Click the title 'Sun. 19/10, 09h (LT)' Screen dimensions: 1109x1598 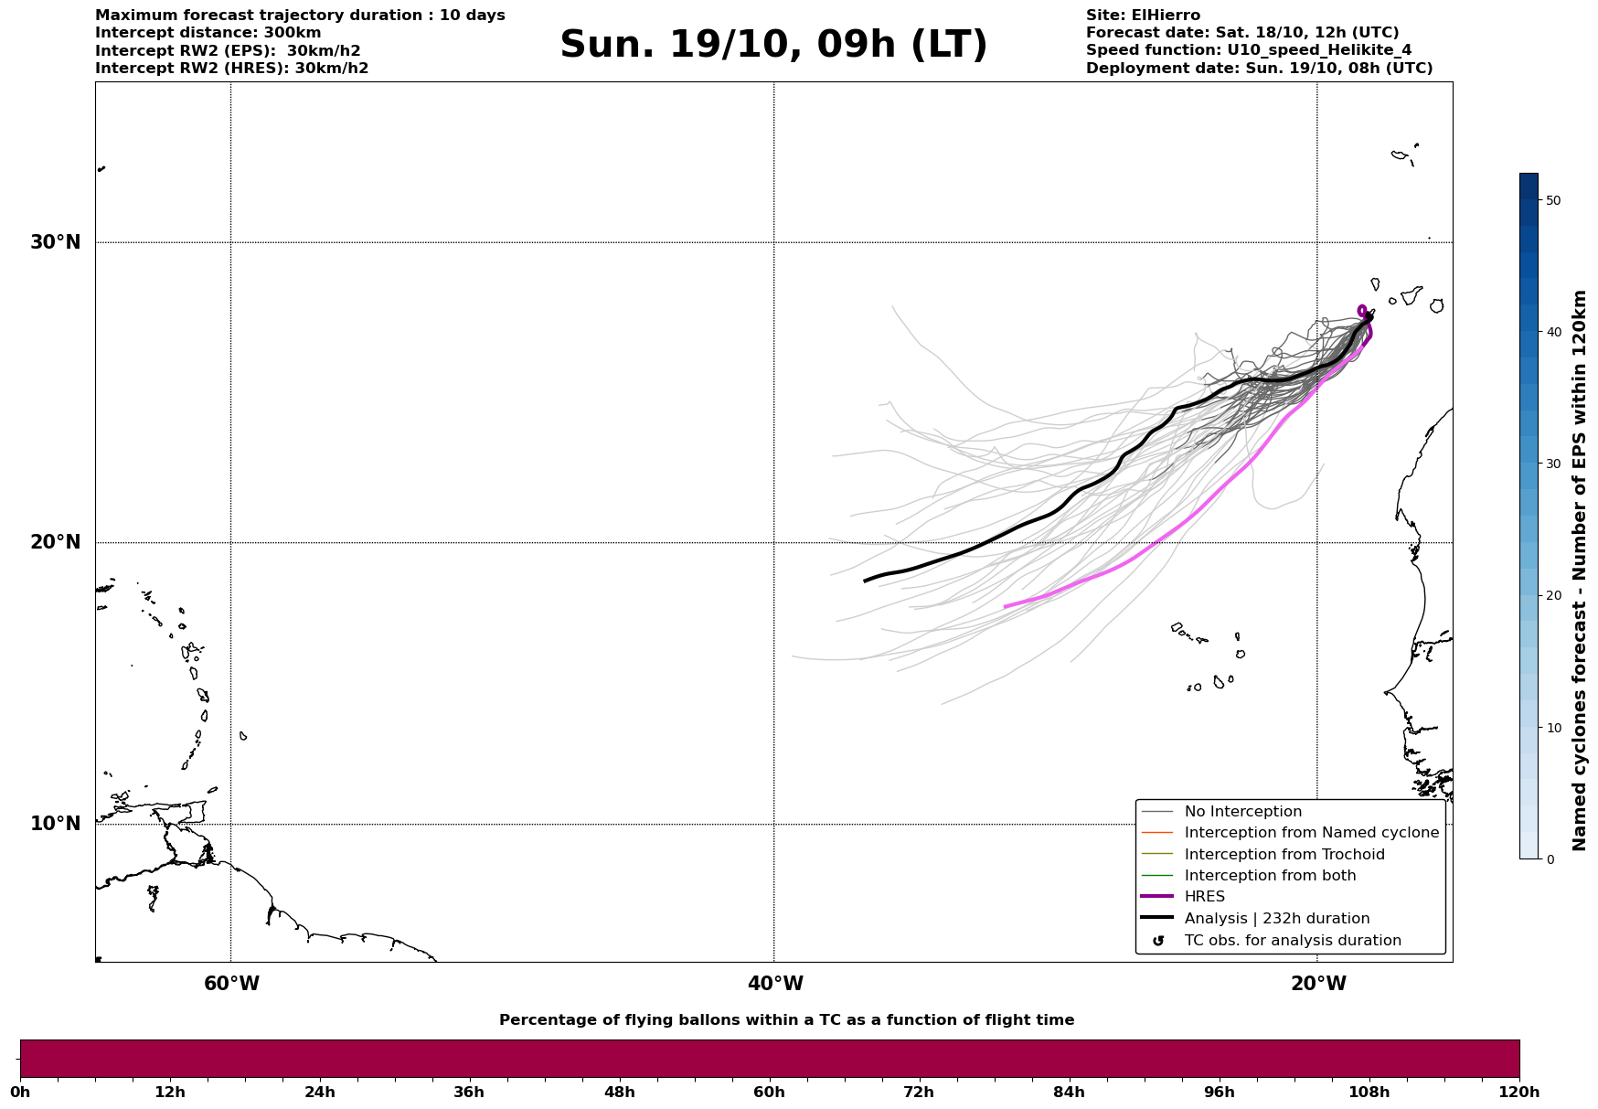point(773,45)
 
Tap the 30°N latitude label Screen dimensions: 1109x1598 point(56,242)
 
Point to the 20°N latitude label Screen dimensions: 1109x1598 point(56,542)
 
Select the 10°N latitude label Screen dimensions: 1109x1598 point(56,824)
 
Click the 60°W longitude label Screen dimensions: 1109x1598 point(231,984)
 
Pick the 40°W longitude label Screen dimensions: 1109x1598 point(775,984)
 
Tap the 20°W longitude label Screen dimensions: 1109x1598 point(1318,984)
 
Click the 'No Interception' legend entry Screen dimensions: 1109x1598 point(1242,812)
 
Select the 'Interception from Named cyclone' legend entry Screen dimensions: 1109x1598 point(1311,833)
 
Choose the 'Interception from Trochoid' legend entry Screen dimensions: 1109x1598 point(1284,855)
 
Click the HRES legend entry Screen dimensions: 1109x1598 point(1204,897)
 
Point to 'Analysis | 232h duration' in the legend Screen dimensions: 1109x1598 point(1276,919)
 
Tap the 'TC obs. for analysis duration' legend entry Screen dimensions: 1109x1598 point(1292,941)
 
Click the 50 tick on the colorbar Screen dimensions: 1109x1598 point(1552,200)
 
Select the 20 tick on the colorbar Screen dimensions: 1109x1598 point(1552,596)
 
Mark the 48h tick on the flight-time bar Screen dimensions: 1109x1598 point(619,1092)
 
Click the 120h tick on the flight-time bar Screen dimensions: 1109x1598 point(1519,1092)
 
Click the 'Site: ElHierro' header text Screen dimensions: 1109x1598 point(1143,16)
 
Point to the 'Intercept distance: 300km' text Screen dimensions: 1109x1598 point(208,33)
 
